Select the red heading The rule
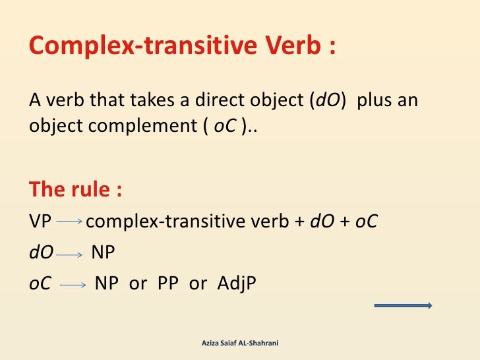(75, 190)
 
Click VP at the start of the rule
(40, 222)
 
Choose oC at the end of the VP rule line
(366, 222)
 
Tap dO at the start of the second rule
(40, 253)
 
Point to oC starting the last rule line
(40, 284)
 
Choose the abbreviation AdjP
(236, 284)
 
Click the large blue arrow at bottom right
(403, 305)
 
